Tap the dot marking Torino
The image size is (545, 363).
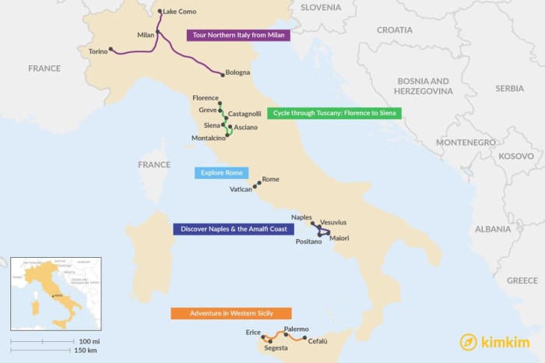click(x=111, y=49)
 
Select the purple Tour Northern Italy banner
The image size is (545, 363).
click(x=238, y=35)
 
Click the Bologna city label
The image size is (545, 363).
click(x=237, y=72)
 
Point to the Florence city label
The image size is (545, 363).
click(x=205, y=98)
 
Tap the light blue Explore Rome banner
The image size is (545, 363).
click(x=222, y=172)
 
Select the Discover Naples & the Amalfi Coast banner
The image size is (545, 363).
click(x=234, y=229)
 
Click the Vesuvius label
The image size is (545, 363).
click(x=333, y=222)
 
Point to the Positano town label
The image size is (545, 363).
click(x=308, y=242)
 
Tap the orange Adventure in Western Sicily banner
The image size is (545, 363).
click(x=231, y=312)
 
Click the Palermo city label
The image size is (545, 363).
click(x=296, y=329)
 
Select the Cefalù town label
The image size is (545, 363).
click(x=318, y=341)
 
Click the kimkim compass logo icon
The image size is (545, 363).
click(x=468, y=343)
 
